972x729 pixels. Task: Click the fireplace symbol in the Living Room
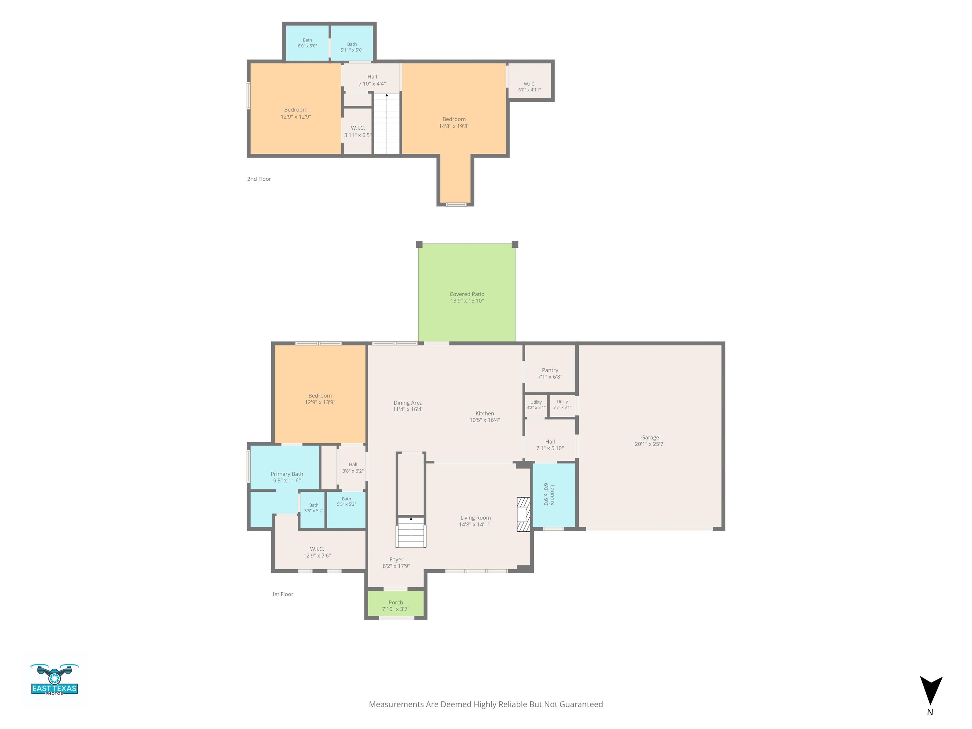(523, 514)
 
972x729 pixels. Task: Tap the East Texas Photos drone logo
(54, 679)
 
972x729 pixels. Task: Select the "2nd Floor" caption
(259, 179)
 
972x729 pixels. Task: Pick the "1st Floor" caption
(283, 594)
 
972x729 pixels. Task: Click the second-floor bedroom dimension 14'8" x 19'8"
(454, 126)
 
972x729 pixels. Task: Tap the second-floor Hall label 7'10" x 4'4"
(372, 80)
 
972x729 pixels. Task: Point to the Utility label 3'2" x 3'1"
(536, 405)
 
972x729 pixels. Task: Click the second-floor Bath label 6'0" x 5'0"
(307, 43)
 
